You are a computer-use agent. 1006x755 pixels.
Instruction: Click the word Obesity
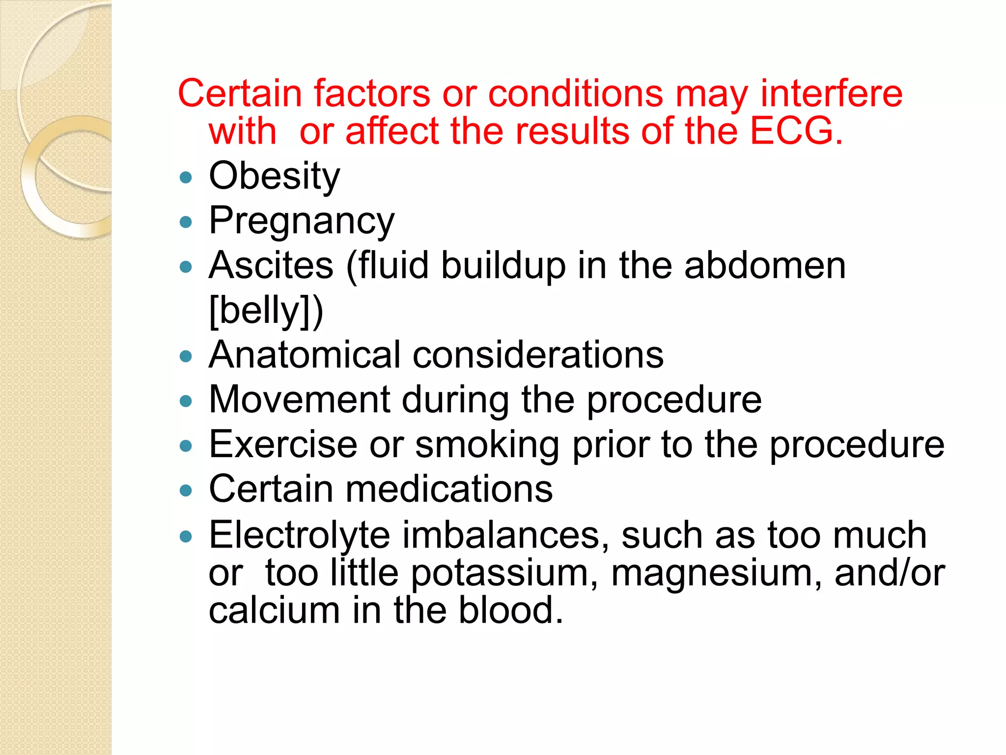[274, 176]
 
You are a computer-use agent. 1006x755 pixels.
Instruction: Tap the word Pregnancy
[301, 221]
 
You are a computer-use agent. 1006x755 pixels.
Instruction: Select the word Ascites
[271, 265]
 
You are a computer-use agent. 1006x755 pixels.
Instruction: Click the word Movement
[299, 399]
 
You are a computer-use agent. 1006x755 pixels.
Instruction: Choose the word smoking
[487, 444]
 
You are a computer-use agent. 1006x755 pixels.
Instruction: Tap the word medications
[449, 489]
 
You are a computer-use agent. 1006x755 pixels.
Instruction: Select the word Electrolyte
[299, 535]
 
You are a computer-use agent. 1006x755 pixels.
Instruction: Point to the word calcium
[274, 610]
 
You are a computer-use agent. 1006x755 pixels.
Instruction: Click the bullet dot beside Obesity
[186, 177]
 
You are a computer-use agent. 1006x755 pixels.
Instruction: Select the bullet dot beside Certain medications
[186, 491]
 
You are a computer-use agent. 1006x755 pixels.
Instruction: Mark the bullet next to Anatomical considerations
[186, 356]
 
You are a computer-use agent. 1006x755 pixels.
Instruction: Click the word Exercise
[283, 444]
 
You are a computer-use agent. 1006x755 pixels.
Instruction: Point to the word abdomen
[765, 265]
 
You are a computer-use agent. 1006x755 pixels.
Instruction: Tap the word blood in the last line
[510, 610]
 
